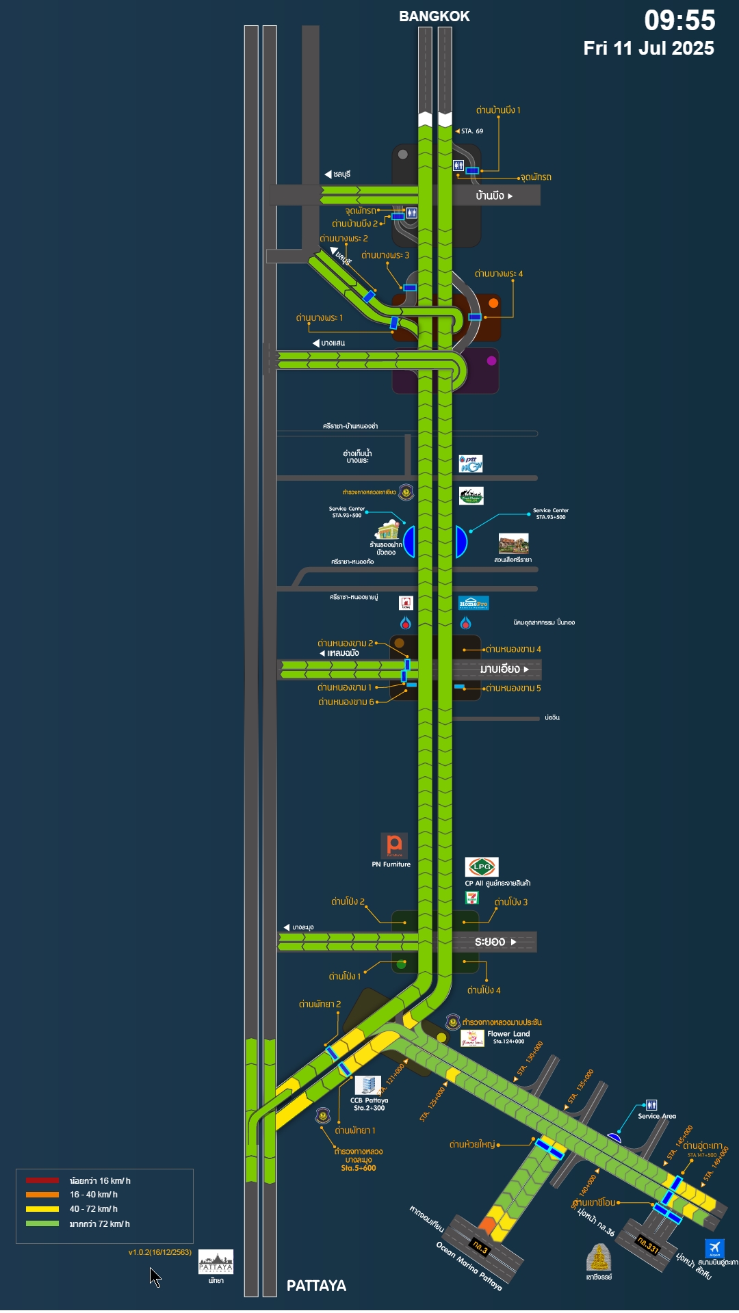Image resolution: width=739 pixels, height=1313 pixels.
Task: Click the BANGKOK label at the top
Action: click(x=434, y=16)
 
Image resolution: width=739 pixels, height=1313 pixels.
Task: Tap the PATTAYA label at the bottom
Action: click(x=316, y=1286)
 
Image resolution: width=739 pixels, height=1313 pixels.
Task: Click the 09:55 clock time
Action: click(x=679, y=21)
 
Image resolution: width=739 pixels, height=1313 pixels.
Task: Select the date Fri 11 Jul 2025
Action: click(x=648, y=49)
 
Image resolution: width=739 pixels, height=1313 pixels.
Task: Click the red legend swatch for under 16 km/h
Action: click(x=42, y=1180)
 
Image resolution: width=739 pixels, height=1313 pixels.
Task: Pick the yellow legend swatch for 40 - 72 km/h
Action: click(x=42, y=1209)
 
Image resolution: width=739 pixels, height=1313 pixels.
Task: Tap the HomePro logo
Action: click(x=474, y=602)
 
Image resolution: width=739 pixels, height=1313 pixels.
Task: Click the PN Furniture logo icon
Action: click(x=394, y=845)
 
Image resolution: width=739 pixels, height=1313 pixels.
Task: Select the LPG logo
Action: click(x=482, y=866)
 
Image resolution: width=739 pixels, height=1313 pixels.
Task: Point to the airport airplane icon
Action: click(x=714, y=1248)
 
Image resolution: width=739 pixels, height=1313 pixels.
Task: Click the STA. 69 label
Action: click(x=471, y=131)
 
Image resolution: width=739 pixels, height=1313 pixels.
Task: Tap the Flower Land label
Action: click(x=508, y=1034)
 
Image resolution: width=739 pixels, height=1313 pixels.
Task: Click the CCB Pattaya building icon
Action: click(x=367, y=1085)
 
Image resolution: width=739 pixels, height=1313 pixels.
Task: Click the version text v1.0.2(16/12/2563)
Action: click(x=159, y=1252)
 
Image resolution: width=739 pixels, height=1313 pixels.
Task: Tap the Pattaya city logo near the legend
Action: click(x=216, y=1262)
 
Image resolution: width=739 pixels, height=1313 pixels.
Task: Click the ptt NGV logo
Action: click(x=471, y=464)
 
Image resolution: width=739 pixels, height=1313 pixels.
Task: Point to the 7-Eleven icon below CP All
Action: click(x=472, y=898)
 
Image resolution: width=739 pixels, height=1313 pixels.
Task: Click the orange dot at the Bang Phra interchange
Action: click(x=493, y=302)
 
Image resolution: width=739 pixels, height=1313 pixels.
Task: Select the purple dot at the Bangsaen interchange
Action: click(x=491, y=360)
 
